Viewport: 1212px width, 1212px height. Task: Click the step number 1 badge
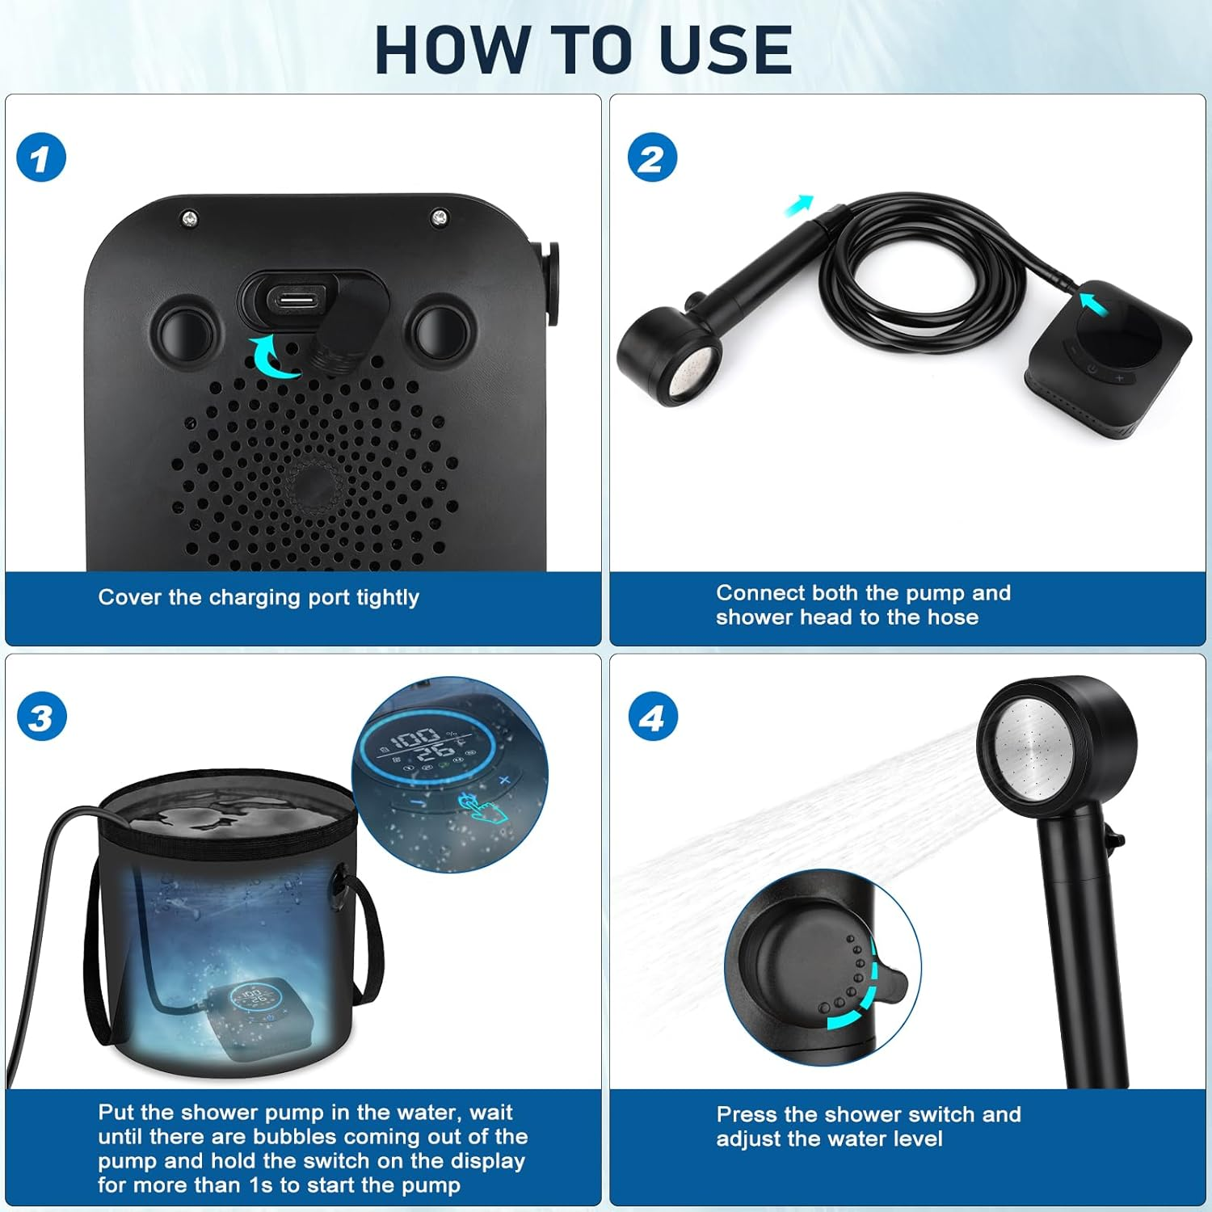40,158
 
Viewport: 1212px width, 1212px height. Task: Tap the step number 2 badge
652,158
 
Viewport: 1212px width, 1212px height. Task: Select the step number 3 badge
40,718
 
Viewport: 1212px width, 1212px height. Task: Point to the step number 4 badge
652,718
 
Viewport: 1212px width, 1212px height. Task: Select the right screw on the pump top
440,217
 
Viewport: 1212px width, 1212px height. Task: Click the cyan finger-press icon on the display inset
479,807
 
